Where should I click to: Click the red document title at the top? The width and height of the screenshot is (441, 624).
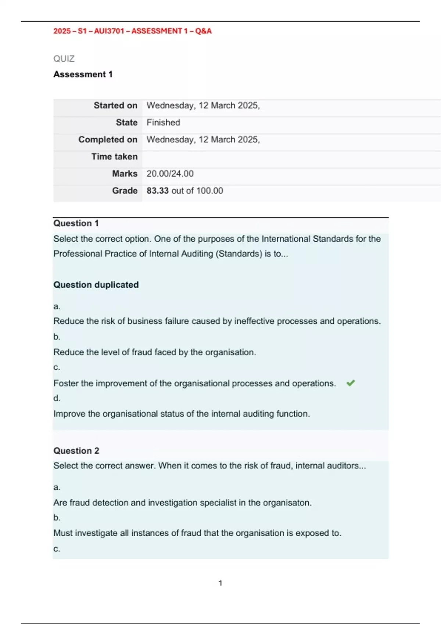[132, 31]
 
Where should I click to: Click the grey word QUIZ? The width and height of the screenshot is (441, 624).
[64, 59]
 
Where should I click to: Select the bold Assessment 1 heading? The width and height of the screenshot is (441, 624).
[83, 74]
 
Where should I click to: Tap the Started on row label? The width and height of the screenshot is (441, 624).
[115, 105]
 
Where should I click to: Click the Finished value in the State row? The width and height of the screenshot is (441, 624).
[163, 122]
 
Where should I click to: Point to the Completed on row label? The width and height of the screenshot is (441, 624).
[108, 139]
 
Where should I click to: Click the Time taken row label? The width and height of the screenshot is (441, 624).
[114, 156]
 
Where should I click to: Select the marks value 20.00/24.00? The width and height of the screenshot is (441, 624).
[170, 174]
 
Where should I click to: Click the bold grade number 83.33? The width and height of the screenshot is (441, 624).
[157, 191]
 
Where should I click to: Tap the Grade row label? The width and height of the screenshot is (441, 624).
[125, 191]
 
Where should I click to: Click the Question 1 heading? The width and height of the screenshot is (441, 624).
[76, 223]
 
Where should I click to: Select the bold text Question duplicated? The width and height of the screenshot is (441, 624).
[96, 285]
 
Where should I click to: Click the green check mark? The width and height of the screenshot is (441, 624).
[351, 383]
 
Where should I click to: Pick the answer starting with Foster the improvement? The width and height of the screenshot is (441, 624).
[194, 383]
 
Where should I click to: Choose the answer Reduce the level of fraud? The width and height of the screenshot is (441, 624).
[154, 352]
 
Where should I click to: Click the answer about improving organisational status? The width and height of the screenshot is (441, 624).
[182, 414]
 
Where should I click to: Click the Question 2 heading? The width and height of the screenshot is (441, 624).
[76, 451]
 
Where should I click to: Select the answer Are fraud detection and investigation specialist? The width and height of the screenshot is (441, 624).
[182, 503]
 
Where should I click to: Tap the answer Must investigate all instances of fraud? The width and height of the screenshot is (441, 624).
[197, 533]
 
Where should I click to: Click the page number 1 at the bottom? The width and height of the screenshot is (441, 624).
[220, 583]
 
